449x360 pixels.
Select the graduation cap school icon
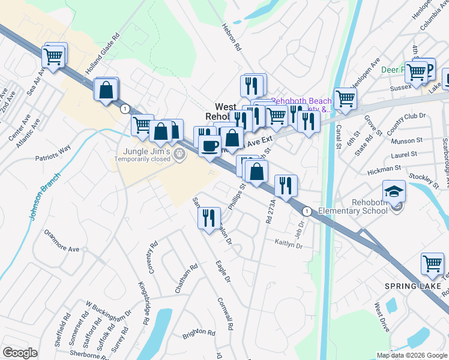click(394, 191)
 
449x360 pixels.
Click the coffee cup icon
click(209, 146)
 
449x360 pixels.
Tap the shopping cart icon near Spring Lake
click(432, 263)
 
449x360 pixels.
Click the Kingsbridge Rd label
click(144, 304)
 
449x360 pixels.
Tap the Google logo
click(20, 353)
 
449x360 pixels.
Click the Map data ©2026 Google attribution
click(411, 355)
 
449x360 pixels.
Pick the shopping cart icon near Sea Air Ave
click(53, 56)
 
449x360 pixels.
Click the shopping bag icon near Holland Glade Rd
click(106, 90)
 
